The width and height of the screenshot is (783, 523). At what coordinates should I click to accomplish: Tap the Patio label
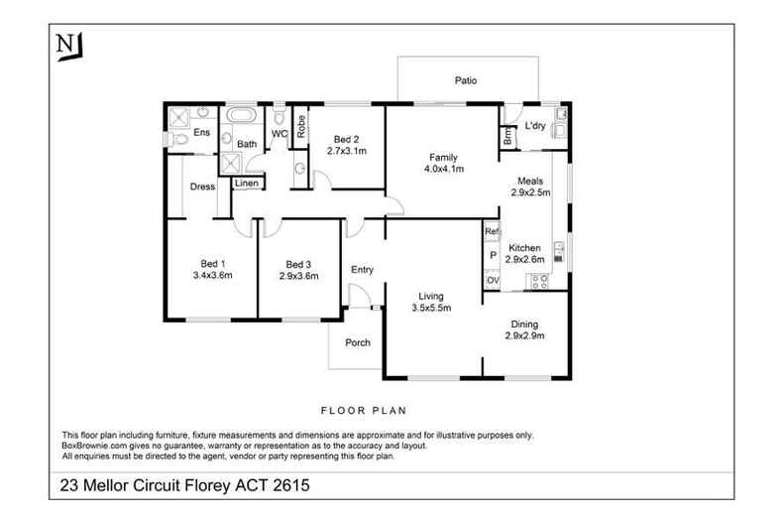pyautogui.click(x=467, y=81)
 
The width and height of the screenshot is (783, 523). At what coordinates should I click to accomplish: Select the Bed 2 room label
pyautogui.click(x=346, y=140)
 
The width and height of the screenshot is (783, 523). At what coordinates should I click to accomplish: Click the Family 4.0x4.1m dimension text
pyautogui.click(x=442, y=170)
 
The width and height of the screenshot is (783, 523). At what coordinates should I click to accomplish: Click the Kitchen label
pyautogui.click(x=524, y=247)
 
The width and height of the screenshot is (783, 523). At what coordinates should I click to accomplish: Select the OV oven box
pyautogui.click(x=491, y=280)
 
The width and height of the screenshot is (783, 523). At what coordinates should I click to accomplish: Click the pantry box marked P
pyautogui.click(x=491, y=255)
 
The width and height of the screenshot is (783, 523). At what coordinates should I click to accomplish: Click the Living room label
pyautogui.click(x=430, y=296)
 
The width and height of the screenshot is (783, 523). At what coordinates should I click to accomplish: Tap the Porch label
pyautogui.click(x=357, y=343)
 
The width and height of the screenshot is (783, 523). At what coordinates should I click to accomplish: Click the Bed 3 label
pyautogui.click(x=298, y=264)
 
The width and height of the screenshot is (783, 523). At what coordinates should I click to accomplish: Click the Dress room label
pyautogui.click(x=203, y=187)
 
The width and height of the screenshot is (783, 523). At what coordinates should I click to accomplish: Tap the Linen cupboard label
pyautogui.click(x=246, y=184)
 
